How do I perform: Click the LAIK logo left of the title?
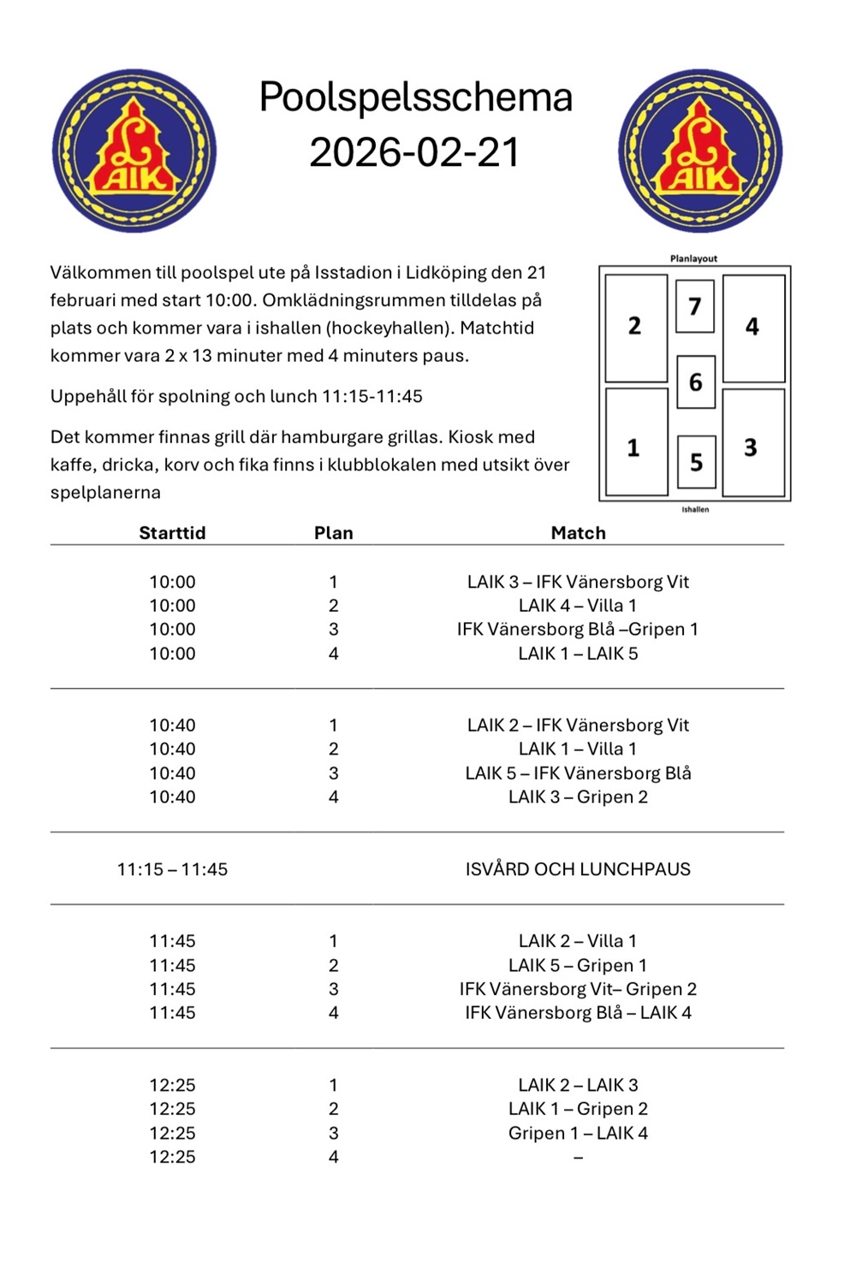coord(134,151)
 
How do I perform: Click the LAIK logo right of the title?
coord(700,151)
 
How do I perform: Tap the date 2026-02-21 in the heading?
coord(415,152)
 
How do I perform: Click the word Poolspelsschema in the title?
coord(415,97)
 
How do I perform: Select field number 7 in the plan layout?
coord(695,306)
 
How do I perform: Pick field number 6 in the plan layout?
coord(695,382)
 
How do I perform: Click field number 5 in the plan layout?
coord(696,462)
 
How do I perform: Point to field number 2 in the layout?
coord(635,326)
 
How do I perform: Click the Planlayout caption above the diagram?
coord(693,258)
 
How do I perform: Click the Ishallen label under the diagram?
coord(695,509)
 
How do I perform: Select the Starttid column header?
coord(172,533)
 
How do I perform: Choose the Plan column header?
coord(333,533)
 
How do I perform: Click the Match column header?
coord(578,533)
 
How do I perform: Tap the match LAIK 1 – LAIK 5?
coord(578,654)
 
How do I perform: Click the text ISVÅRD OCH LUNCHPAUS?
coord(578,869)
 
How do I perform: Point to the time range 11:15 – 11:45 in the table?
coord(172,869)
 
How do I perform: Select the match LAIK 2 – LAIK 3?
coord(578,1085)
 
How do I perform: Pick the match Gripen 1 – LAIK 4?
coord(578,1133)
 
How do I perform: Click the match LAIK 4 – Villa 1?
coord(578,606)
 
